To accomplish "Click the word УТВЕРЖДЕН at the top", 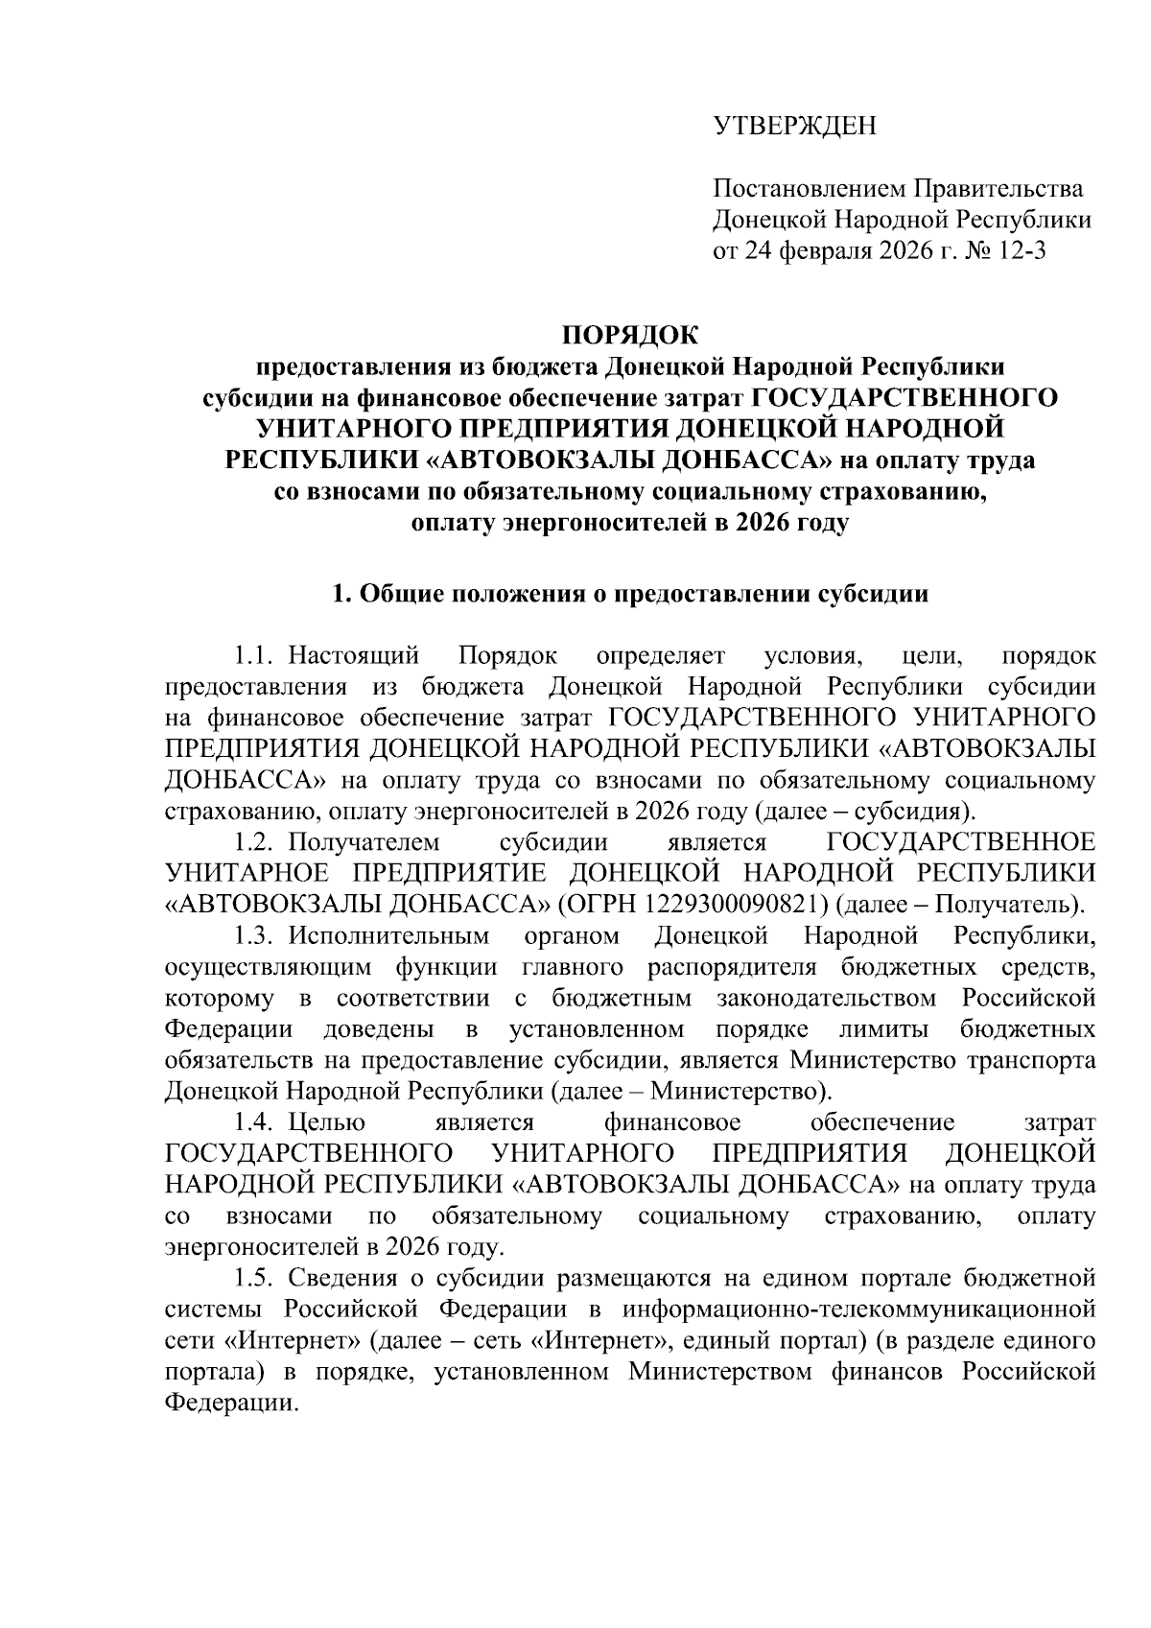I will [x=794, y=126].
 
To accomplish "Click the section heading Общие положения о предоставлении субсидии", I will [x=644, y=594].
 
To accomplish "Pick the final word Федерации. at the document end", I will [x=230, y=1402].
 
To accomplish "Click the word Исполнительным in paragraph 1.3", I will [x=388, y=935].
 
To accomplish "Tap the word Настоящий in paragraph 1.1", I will [x=354, y=656].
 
